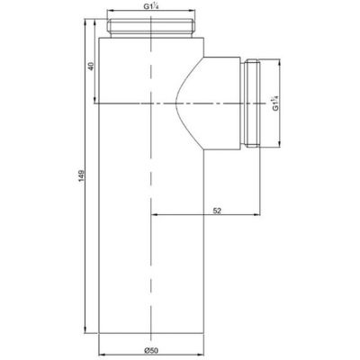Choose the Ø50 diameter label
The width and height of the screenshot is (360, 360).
149,339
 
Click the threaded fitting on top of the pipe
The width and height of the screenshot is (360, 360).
150,27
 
